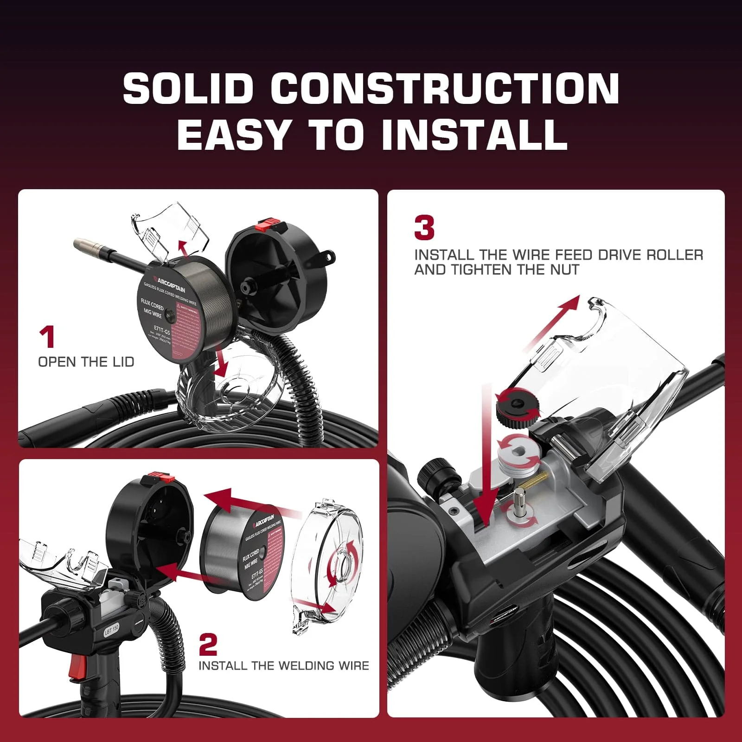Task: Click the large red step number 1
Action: pos(47,337)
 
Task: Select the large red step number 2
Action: pos(208,644)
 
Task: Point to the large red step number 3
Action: pos(424,228)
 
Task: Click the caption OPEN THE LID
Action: pos(86,362)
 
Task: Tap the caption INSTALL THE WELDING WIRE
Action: pos(284,666)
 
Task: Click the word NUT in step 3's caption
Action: pos(565,270)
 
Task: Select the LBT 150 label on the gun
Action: pos(111,630)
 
